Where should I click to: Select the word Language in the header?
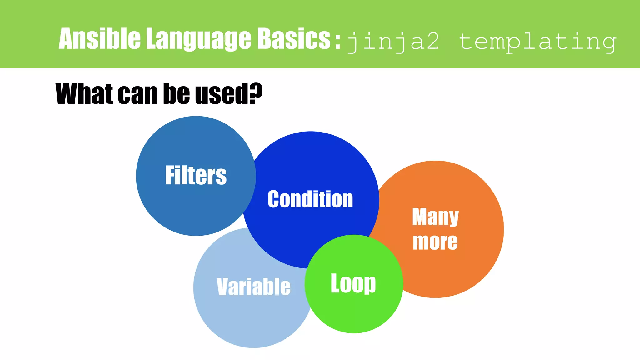pos(199,39)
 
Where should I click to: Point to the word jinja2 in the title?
pos(393,42)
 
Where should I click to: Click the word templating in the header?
pos(537,42)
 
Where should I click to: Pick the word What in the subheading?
pos(84,93)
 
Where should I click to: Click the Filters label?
pos(196,176)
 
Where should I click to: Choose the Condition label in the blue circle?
pos(310,199)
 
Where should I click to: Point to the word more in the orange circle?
pos(435,242)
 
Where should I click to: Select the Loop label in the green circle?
pos(353,283)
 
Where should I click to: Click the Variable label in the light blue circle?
pos(253,287)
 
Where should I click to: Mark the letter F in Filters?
pos(170,175)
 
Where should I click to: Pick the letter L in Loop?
pos(335,283)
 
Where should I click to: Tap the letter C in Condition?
pos(273,199)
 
